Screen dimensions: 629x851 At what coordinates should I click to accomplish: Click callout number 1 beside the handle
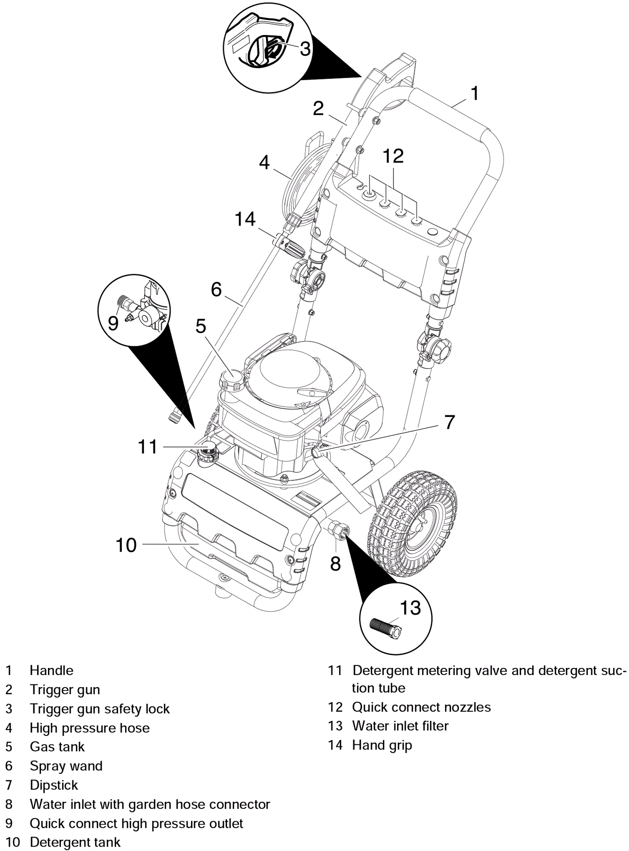(475, 94)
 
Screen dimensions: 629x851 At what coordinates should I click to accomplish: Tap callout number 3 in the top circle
(305, 49)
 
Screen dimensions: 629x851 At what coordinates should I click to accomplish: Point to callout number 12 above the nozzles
(393, 156)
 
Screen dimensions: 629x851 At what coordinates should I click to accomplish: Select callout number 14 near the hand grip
(245, 219)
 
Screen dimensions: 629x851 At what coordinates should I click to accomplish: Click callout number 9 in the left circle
(113, 323)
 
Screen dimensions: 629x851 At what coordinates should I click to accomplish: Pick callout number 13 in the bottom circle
(410, 608)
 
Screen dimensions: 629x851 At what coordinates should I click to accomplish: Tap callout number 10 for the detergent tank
(126, 545)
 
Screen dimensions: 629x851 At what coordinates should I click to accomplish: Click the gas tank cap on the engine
(232, 380)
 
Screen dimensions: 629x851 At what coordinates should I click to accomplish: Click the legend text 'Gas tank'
(57, 746)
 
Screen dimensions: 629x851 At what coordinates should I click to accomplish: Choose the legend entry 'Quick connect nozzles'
(421, 707)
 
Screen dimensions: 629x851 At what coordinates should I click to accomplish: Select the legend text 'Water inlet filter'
(400, 726)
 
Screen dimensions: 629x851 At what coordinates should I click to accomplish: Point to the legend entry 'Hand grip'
(382, 745)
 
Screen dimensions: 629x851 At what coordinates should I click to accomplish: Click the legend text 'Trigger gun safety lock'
(100, 709)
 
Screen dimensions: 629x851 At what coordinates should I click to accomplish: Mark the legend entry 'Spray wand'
(66, 766)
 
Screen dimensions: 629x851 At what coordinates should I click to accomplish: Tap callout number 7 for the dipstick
(450, 422)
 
